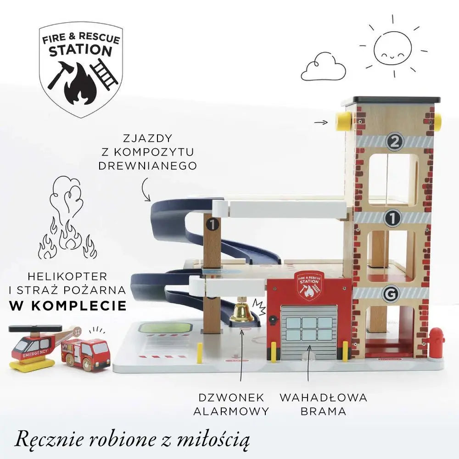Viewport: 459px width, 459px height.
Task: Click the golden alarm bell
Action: [242, 312]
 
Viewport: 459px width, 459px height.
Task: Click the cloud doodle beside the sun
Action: [323, 67]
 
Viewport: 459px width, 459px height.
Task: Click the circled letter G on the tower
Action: [391, 293]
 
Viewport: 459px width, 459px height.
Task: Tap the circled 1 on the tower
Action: [392, 218]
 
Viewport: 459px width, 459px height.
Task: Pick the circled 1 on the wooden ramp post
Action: [213, 224]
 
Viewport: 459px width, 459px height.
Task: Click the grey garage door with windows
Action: [309, 332]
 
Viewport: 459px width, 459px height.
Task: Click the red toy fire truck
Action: [85, 353]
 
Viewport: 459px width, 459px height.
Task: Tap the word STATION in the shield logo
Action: [80, 50]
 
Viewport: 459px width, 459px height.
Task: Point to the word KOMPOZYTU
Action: [148, 152]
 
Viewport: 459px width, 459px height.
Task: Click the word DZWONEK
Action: [231, 397]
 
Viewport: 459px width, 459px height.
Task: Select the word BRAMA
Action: [324, 411]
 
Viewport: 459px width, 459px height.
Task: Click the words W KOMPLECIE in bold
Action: [68, 306]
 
